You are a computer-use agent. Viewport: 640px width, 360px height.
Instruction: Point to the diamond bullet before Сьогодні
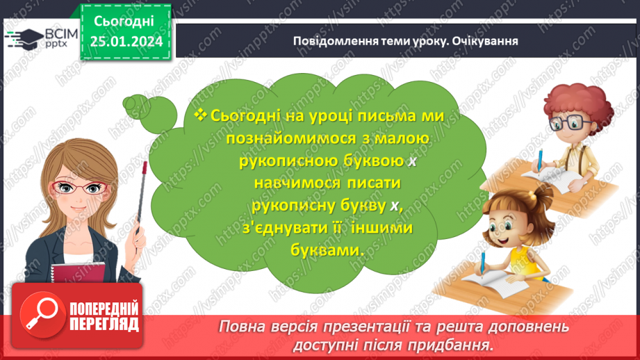tap(202, 115)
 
